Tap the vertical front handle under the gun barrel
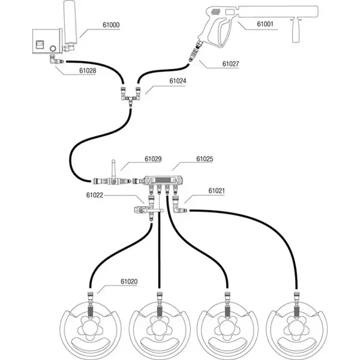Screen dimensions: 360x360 [x=295, y=33]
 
